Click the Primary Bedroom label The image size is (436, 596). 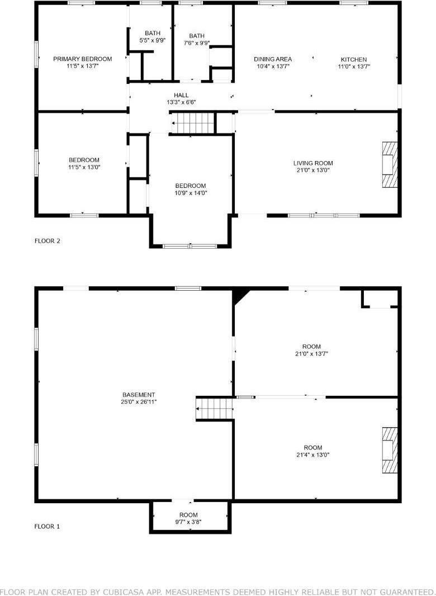(82, 59)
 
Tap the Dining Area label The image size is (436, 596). (273, 59)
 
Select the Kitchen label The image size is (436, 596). (354, 59)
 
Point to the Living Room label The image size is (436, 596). (313, 163)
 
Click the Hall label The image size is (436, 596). (181, 95)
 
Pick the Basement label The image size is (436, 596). (139, 395)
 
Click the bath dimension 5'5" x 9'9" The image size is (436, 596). (152, 40)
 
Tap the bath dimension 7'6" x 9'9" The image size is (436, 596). (197, 43)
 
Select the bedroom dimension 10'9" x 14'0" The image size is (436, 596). (191, 193)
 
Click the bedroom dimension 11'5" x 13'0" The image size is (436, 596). (84, 167)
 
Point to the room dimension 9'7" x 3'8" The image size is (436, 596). (188, 522)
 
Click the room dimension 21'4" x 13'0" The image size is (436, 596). (313, 455)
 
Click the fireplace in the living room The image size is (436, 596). (389, 166)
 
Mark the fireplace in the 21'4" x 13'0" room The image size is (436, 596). (389, 451)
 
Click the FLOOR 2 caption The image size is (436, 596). (47, 241)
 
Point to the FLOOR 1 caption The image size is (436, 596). (47, 526)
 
